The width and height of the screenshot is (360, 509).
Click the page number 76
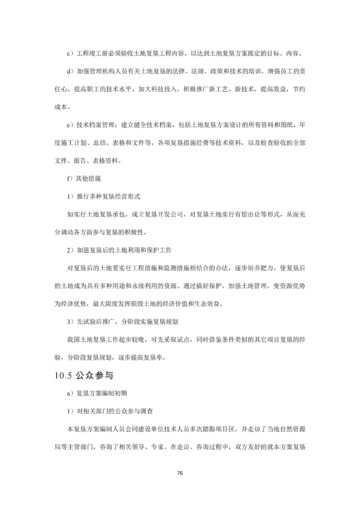tap(180, 473)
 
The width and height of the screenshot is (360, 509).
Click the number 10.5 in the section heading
tap(63, 376)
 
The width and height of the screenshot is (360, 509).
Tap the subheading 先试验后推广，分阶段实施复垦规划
tap(127, 322)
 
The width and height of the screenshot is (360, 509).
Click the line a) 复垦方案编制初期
tap(94, 393)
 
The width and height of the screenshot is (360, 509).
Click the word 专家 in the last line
tap(161, 447)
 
